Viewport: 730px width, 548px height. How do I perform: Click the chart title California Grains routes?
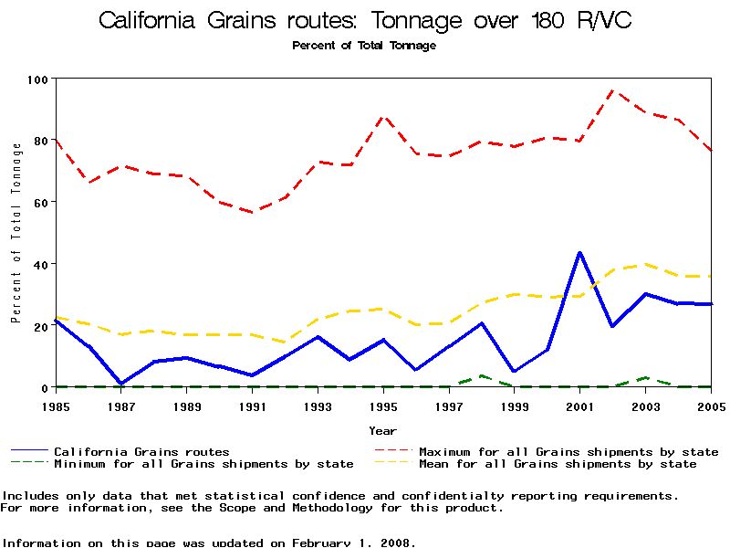[x=364, y=20]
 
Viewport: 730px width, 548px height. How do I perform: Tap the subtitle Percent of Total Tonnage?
[x=364, y=46]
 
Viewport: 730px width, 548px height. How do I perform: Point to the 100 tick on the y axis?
[x=37, y=79]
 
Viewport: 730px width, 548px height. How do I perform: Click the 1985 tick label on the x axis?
[x=57, y=404]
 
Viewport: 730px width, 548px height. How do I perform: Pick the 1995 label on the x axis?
[x=383, y=404]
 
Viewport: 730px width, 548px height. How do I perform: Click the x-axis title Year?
[x=382, y=430]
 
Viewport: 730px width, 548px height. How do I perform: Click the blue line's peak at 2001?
[x=579, y=252]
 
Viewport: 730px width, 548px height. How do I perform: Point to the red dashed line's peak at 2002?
[x=612, y=90]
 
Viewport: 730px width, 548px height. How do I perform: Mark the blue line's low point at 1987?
[x=121, y=384]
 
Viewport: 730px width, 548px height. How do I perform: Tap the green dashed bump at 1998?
[x=481, y=375]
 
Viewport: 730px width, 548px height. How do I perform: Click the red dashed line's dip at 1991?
[x=252, y=212]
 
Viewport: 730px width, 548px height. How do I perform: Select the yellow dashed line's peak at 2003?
[x=645, y=264]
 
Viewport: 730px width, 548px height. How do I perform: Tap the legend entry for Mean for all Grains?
[x=557, y=464]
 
